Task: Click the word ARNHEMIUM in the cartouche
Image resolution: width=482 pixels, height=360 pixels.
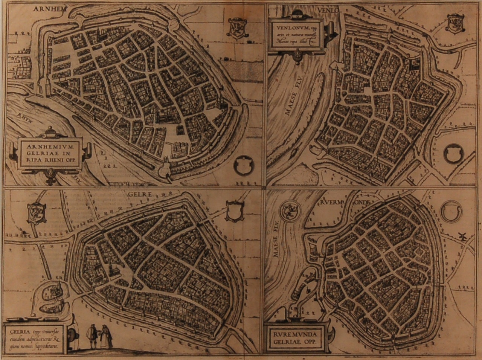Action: (50, 145)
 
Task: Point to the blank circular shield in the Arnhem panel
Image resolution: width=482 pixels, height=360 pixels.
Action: (242, 165)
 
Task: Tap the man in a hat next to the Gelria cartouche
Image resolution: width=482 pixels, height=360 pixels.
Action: (91, 337)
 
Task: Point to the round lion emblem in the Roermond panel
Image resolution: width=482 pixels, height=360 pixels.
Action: (291, 210)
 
